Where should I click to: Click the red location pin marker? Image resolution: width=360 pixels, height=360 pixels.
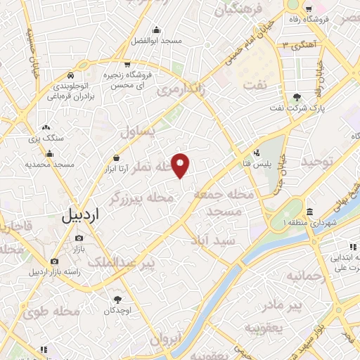tap(181, 165)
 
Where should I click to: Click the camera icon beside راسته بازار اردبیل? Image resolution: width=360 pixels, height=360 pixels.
tap(54, 262)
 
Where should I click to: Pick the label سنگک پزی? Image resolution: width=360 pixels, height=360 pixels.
tap(46, 139)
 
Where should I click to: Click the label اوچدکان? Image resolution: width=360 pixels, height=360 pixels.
tap(117, 310)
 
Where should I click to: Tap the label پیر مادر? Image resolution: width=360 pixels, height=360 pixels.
tap(281, 306)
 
